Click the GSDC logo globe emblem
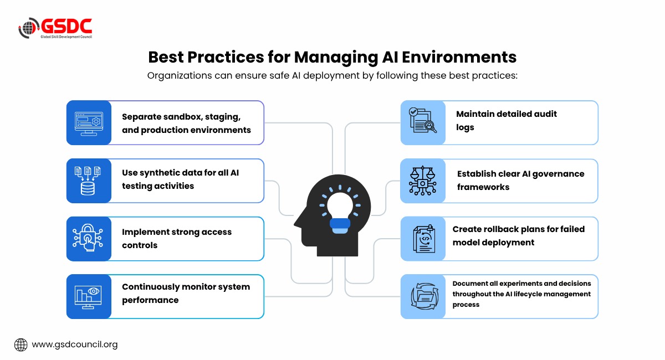tap(29, 28)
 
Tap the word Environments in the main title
tap(459, 57)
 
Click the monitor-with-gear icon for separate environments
tap(89, 124)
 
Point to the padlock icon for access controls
tap(88, 238)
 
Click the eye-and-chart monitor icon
tap(88, 297)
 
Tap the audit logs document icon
tap(423, 121)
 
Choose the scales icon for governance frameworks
tap(422, 181)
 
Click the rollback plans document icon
tap(424, 239)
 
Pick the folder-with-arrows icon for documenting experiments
tap(424, 296)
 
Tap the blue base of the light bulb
tap(340, 226)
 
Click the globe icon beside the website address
tap(21, 345)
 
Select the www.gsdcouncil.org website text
tap(75, 344)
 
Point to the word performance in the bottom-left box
tap(150, 300)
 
